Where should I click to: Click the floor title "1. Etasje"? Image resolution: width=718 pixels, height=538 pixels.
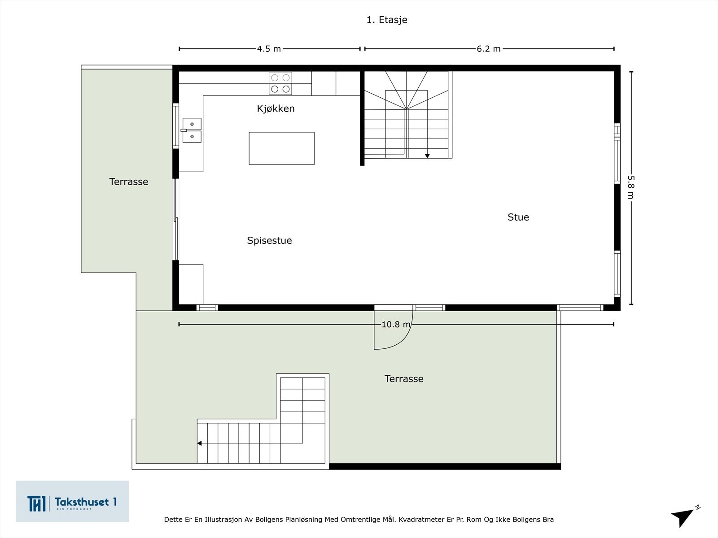[x=387, y=20]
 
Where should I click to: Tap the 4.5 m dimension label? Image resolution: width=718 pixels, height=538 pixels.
[x=269, y=49]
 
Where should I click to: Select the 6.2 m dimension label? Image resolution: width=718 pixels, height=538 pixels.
[x=488, y=49]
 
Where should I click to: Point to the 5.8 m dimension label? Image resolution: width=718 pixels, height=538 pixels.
[x=630, y=187]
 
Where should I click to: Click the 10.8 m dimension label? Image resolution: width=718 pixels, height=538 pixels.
[x=396, y=324]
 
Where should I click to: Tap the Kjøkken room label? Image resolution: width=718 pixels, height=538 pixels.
[x=276, y=108]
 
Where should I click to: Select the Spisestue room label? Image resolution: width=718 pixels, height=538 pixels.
[x=269, y=240]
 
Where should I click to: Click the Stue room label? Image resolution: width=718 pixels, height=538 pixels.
[x=518, y=217]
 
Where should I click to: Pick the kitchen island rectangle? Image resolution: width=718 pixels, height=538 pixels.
[x=282, y=148]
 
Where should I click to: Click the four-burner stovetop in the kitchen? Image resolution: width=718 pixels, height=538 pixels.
[x=280, y=84]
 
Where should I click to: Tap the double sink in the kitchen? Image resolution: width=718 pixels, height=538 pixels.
[x=191, y=130]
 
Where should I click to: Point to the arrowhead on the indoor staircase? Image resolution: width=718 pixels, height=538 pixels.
[x=427, y=156]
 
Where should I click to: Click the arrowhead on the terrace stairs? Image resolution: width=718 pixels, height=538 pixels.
[x=200, y=443]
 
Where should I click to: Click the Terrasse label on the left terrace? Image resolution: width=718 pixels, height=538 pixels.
[x=128, y=182]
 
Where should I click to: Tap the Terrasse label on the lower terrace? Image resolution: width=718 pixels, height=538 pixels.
[x=404, y=378]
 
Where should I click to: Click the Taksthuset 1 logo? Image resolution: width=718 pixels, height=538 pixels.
[x=72, y=501]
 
